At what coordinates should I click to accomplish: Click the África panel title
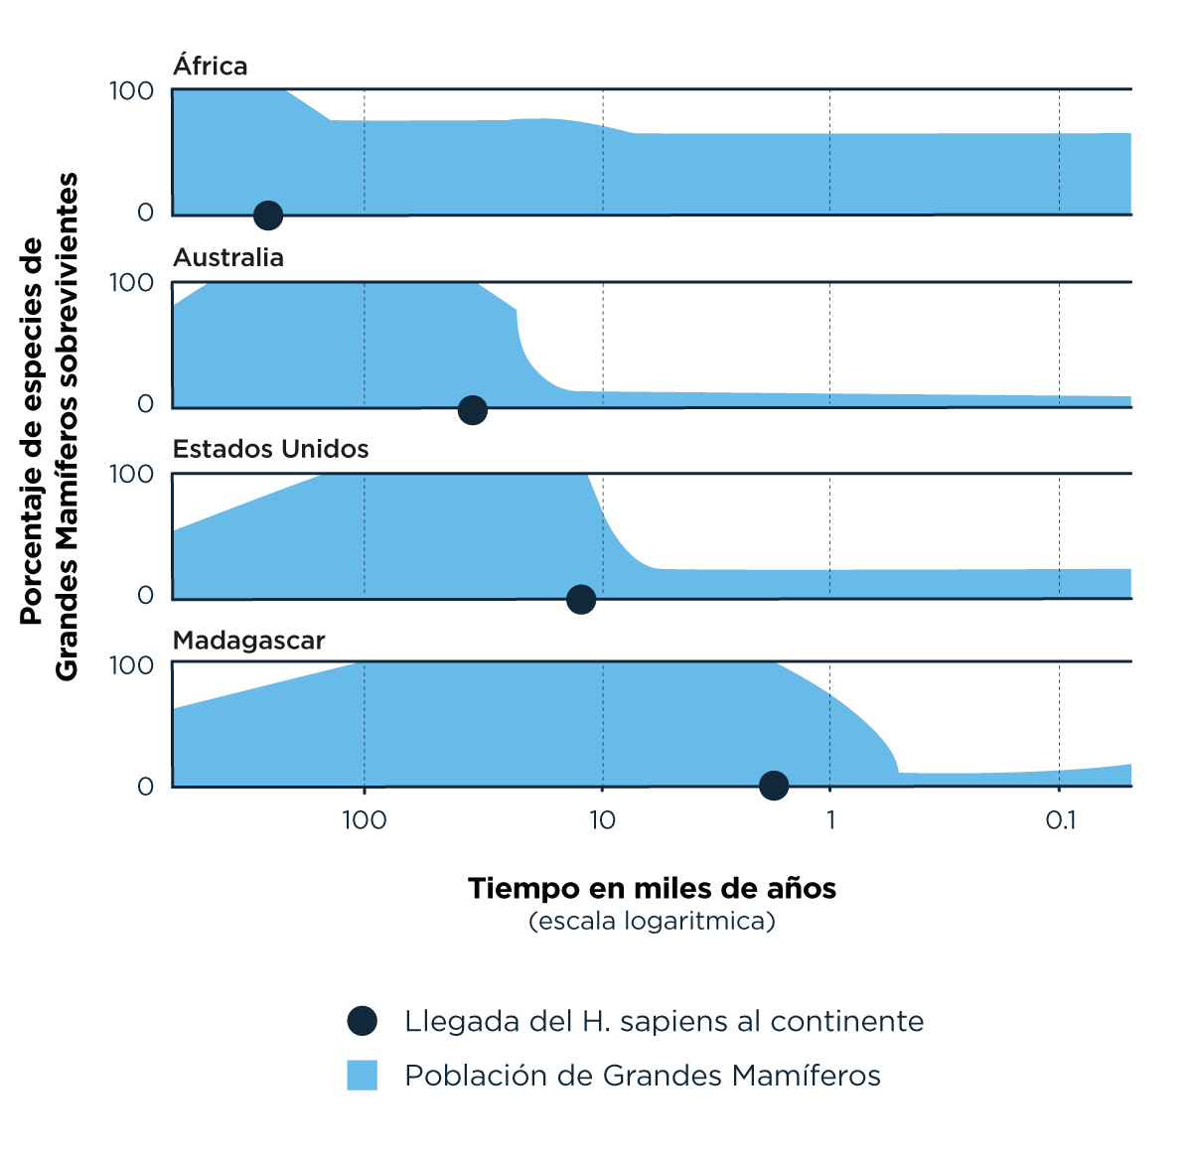[x=210, y=66]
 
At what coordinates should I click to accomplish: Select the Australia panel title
[x=227, y=257]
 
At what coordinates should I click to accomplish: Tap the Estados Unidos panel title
[x=270, y=449]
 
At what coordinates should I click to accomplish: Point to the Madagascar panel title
[x=248, y=641]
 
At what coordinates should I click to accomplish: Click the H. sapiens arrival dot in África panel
[x=267, y=215]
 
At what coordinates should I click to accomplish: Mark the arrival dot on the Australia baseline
[x=473, y=409]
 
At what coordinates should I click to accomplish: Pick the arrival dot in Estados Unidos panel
[x=581, y=599]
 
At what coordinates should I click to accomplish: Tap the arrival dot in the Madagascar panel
[x=774, y=786]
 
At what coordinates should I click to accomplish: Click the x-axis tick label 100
[x=364, y=820]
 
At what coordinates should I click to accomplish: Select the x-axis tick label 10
[x=602, y=820]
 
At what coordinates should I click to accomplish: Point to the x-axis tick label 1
[x=829, y=820]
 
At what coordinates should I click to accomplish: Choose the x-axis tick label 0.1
[x=1060, y=820]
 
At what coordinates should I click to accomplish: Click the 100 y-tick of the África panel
[x=131, y=91]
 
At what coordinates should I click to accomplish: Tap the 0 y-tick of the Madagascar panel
[x=145, y=787]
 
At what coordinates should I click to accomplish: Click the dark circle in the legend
[x=363, y=1021]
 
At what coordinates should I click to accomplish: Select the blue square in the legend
[x=363, y=1076]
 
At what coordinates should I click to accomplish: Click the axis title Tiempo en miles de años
[x=652, y=888]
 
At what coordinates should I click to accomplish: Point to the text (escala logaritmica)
[x=652, y=921]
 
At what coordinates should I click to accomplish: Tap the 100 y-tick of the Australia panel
[x=131, y=283]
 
